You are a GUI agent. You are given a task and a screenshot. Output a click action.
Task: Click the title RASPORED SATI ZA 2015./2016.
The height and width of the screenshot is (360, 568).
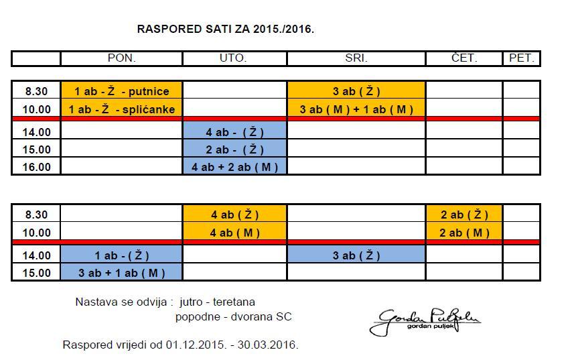coord(225,29)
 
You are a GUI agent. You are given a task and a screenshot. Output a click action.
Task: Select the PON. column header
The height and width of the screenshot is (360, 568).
coord(121,58)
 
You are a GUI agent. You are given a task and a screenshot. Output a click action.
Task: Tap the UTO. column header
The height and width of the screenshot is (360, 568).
coord(234,58)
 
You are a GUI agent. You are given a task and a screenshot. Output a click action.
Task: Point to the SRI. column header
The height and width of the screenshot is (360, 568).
coord(356,58)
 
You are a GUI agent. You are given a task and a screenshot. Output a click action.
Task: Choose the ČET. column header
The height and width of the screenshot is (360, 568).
coord(464,58)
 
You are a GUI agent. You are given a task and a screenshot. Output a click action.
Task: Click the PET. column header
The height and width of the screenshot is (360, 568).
coord(521,58)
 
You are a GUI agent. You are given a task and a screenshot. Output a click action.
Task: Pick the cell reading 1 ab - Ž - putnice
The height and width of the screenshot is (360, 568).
coord(121,91)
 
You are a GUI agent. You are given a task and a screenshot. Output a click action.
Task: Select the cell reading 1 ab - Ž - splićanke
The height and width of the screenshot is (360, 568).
coord(121,109)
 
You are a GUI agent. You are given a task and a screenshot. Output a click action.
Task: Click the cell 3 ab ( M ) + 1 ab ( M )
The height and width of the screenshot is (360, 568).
coord(356,109)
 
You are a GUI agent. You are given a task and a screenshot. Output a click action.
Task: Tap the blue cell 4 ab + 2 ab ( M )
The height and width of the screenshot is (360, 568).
coord(234,167)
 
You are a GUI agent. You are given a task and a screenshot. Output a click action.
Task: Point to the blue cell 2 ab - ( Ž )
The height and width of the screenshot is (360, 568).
coord(234,149)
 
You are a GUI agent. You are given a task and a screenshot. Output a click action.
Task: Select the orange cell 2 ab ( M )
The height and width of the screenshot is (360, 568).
coord(464,233)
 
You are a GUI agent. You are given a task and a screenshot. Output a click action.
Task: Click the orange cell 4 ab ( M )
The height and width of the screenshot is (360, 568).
coord(234,233)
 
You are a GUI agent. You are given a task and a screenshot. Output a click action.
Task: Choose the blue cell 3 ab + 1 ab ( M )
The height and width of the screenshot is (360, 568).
coord(121,272)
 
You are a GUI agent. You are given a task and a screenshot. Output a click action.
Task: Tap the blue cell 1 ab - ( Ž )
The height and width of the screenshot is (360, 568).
coord(121,255)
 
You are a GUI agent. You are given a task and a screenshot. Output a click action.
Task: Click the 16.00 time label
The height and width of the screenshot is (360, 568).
coord(37,167)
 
